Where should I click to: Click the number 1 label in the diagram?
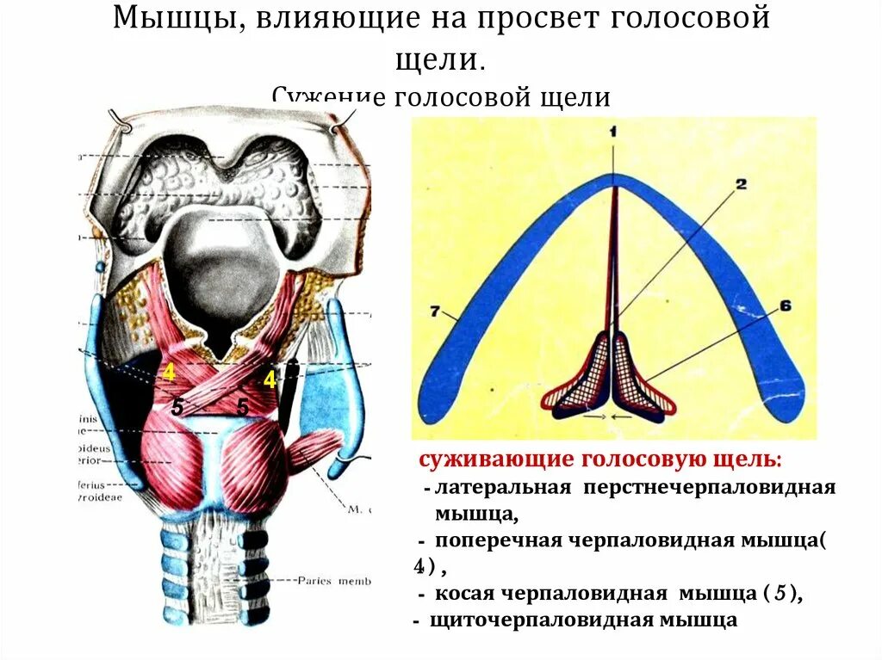[x=613, y=132]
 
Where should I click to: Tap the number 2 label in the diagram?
[x=741, y=183]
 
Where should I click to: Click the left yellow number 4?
[x=169, y=373]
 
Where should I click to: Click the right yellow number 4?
[x=270, y=379]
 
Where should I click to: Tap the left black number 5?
[x=177, y=408]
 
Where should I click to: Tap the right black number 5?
[x=243, y=408]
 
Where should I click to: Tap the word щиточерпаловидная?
[x=539, y=620]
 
